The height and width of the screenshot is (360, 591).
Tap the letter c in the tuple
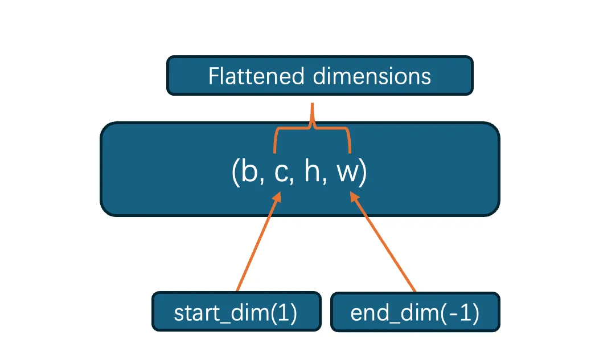280,174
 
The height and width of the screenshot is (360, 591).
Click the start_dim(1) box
236,312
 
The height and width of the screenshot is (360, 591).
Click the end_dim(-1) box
415,312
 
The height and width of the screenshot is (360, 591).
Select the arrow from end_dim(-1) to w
384,242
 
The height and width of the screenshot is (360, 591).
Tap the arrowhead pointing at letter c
277,197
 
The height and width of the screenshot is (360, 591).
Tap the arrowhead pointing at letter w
354,197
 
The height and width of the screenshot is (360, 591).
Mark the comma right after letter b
263,182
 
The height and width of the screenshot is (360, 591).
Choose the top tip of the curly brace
312,106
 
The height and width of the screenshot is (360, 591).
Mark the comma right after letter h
325,182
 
